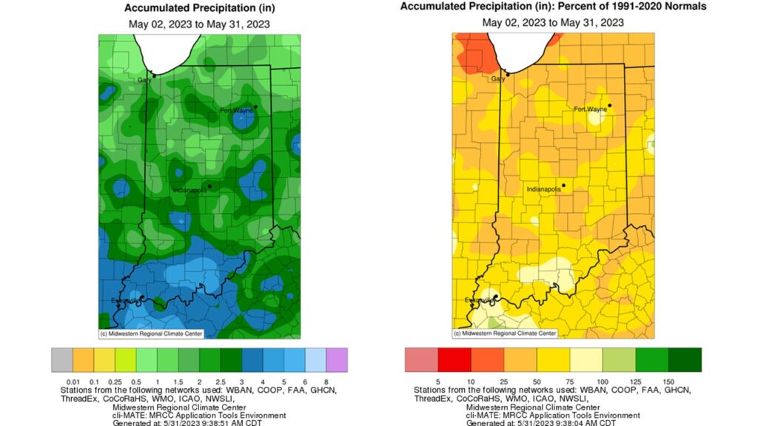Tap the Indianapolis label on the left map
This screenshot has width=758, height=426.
(x=190, y=191)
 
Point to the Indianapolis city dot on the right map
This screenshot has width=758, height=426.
(x=563, y=185)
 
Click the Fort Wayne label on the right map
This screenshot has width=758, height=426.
(x=590, y=109)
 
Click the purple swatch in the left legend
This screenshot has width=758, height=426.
(x=337, y=360)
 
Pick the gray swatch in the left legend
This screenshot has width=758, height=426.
(x=62, y=360)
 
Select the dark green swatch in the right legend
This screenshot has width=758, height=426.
(x=685, y=360)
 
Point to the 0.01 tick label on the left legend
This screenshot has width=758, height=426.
(x=73, y=381)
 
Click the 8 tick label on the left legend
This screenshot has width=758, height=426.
(x=326, y=381)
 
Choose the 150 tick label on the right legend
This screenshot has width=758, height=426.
(x=669, y=381)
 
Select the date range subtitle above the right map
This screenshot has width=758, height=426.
(x=553, y=22)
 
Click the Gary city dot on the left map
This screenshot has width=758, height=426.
(x=154, y=74)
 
